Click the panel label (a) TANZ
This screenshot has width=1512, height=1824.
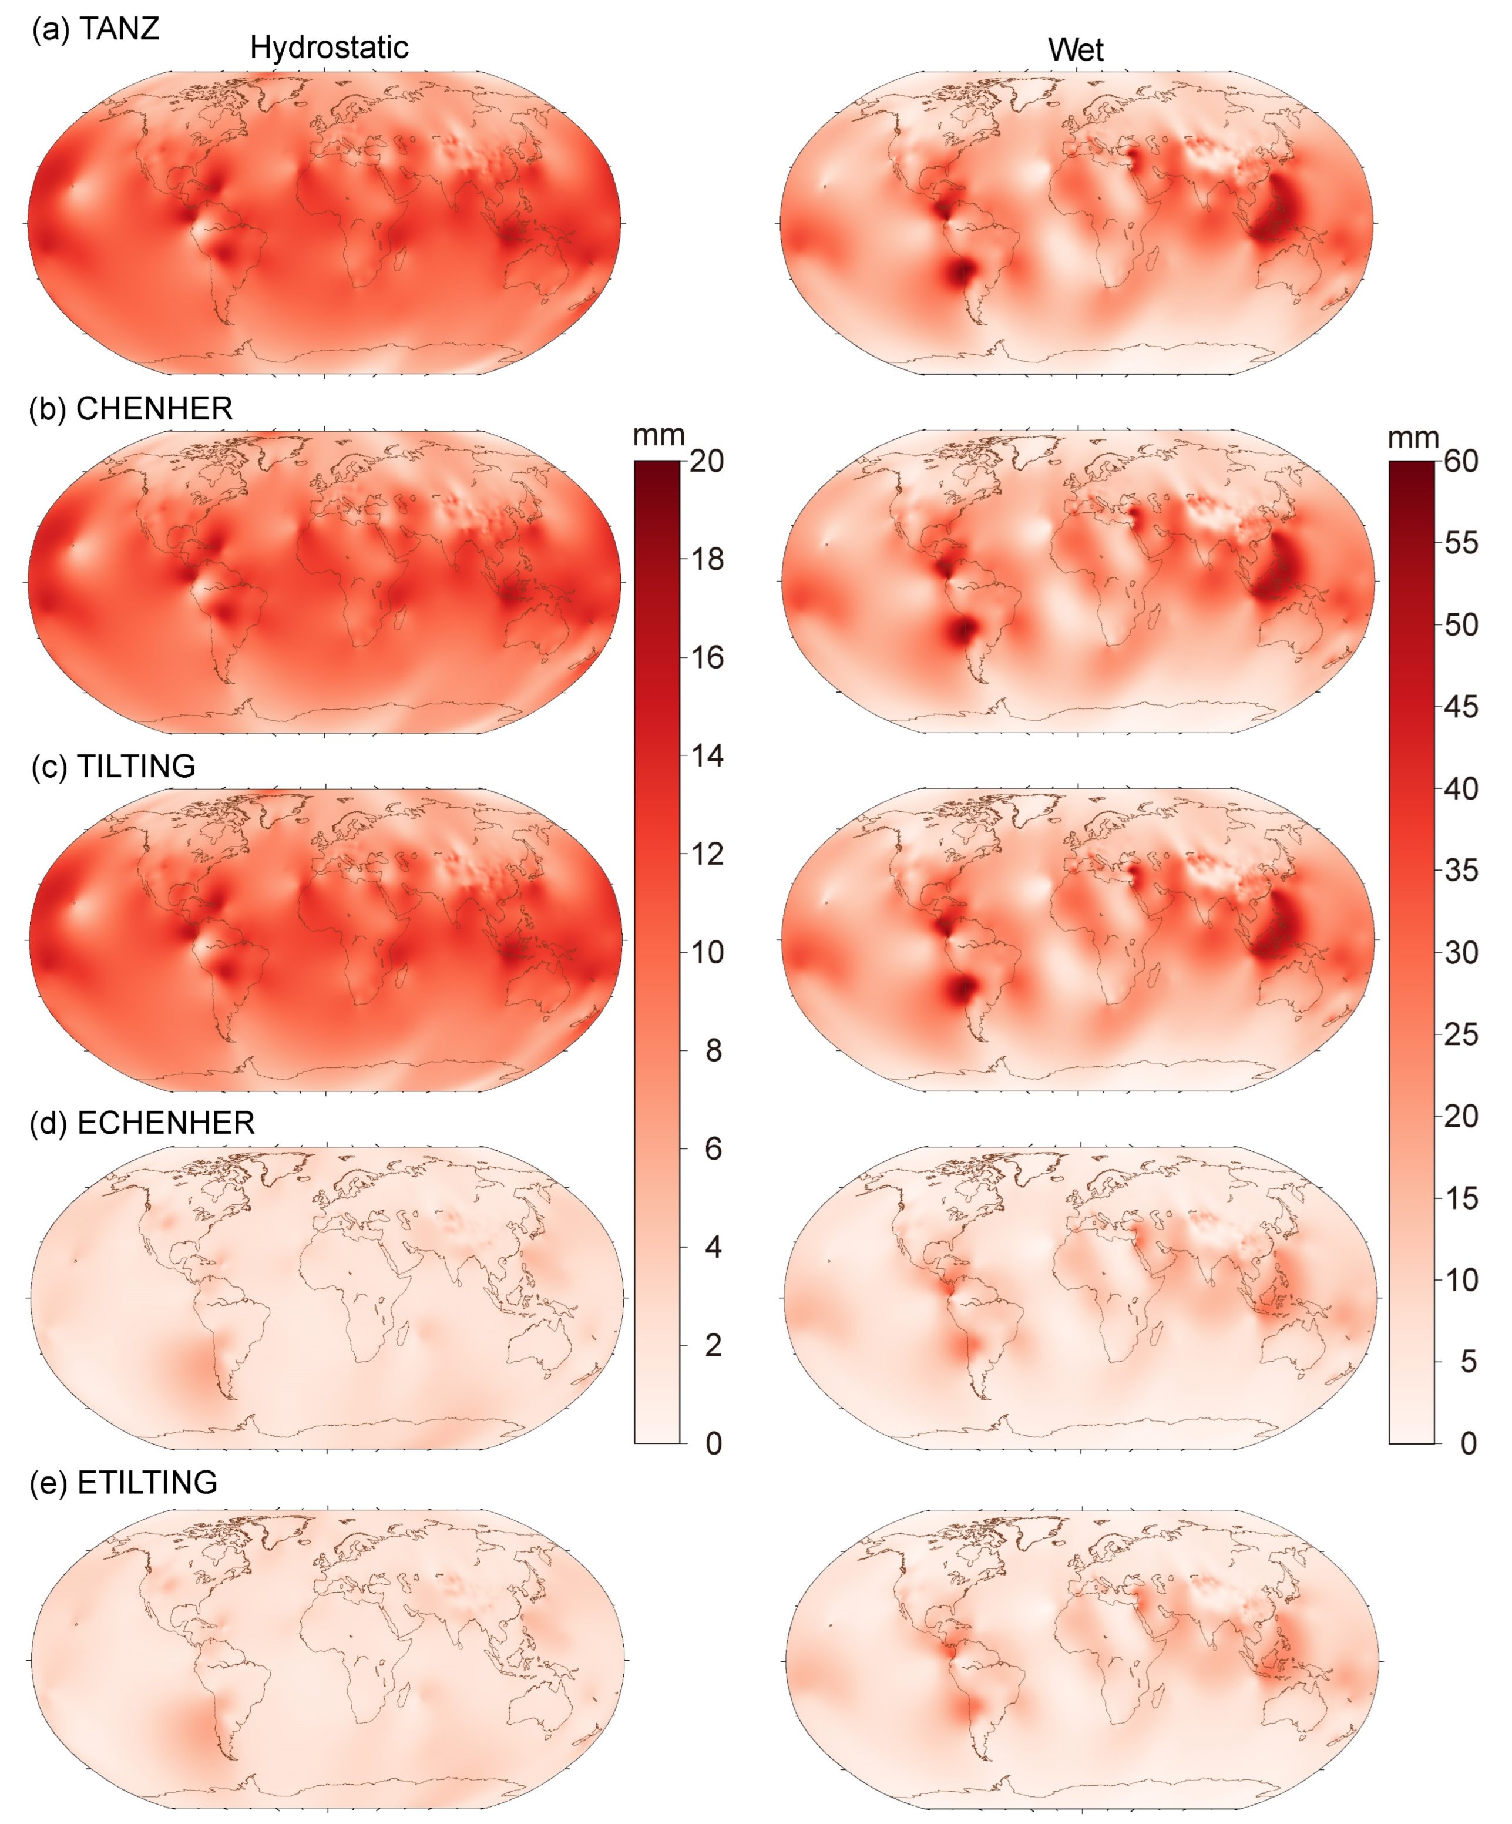click(x=96, y=29)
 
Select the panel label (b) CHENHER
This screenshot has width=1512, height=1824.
click(x=130, y=408)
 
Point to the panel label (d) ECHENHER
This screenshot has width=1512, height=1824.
click(x=142, y=1123)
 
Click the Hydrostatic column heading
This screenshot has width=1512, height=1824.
click(x=329, y=48)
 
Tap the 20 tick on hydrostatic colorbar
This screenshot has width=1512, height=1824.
click(x=707, y=461)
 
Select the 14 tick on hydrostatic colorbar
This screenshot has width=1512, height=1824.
click(x=707, y=755)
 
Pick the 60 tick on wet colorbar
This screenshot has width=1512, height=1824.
click(x=1461, y=461)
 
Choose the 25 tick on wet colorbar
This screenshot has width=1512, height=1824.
click(x=1461, y=1034)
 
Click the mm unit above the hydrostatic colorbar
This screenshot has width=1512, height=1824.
click(x=658, y=435)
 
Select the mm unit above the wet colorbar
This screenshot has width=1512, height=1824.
click(x=1413, y=437)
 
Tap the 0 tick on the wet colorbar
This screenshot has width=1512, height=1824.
click(x=1468, y=1443)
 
